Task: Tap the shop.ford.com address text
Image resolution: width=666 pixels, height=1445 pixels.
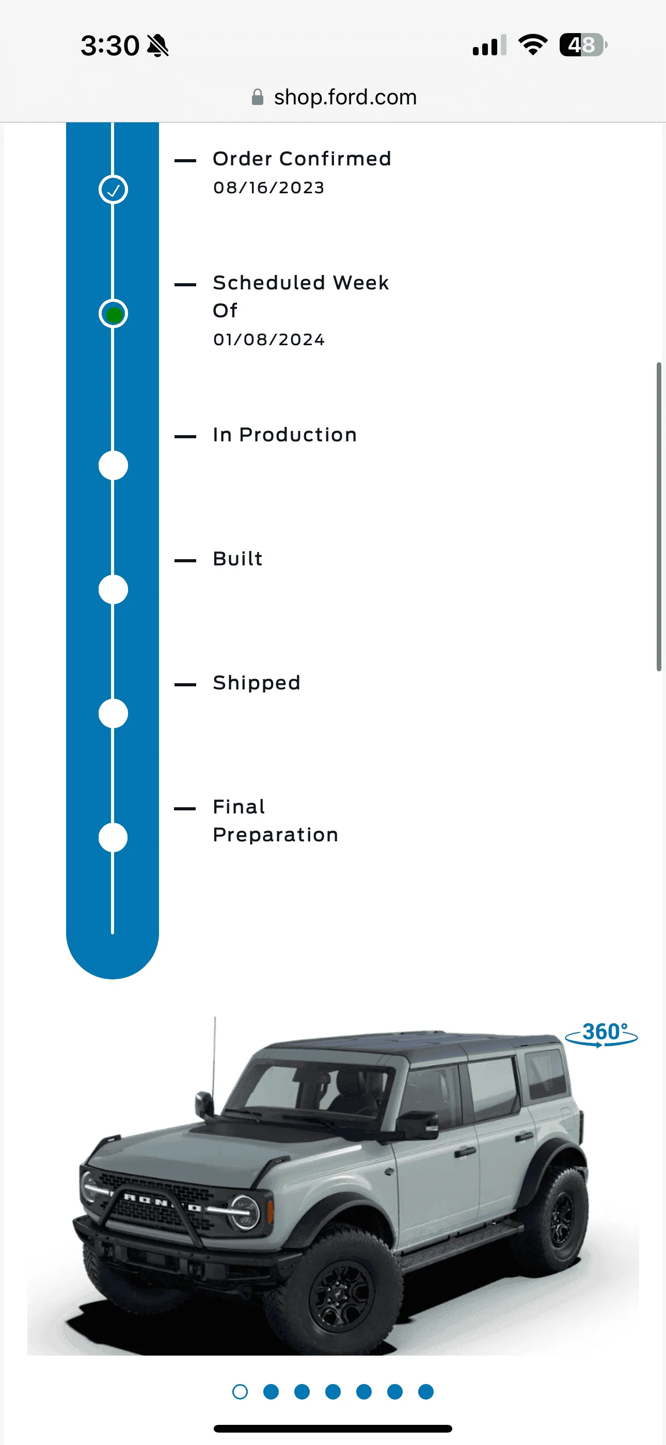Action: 345,97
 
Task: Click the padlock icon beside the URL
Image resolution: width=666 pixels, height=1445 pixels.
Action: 257,97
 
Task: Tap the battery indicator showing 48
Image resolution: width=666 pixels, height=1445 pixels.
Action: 583,45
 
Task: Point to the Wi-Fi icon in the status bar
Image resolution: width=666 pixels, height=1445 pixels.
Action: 533,44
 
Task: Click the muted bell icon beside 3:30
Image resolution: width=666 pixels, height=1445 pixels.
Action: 157,45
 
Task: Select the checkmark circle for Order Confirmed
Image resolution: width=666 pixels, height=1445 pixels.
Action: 113,190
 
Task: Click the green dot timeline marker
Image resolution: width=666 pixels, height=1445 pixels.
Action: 113,314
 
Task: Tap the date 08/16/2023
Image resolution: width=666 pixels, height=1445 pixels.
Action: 268,188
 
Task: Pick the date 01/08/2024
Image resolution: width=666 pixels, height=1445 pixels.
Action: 268,340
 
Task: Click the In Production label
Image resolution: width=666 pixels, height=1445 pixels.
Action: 285,435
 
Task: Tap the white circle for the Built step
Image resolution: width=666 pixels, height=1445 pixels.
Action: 113,590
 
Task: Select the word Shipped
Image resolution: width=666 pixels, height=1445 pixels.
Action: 257,683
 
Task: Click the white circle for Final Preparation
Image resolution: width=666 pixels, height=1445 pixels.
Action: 113,838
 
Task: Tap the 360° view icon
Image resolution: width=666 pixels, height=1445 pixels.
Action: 601,1034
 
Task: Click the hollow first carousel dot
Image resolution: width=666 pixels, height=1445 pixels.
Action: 240,1392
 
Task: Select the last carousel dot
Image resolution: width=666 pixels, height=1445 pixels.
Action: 426,1392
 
